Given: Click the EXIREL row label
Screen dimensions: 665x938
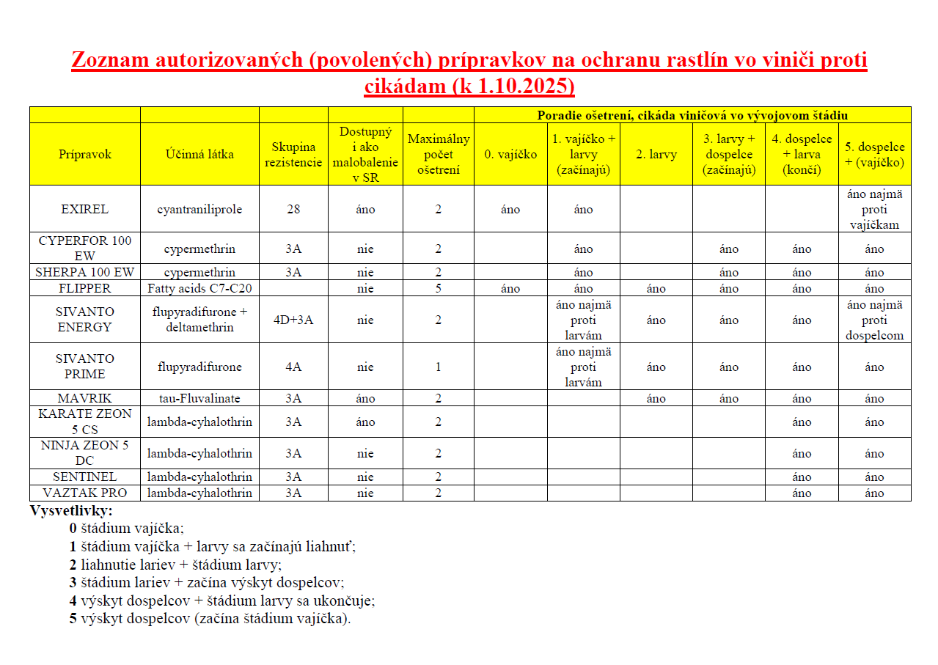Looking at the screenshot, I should pyautogui.click(x=84, y=209).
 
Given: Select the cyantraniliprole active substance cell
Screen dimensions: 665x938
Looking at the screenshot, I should pyautogui.click(x=199, y=209).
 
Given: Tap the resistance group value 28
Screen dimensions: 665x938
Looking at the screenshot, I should pyautogui.click(x=293, y=209).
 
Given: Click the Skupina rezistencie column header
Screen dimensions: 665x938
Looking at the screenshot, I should pyautogui.click(x=293, y=155).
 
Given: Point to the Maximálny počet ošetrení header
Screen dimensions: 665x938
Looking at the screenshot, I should pyautogui.click(x=439, y=155).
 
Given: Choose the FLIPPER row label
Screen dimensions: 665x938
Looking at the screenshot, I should pyautogui.click(x=84, y=288).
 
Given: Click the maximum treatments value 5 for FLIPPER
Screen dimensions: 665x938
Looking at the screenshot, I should pyautogui.click(x=439, y=288).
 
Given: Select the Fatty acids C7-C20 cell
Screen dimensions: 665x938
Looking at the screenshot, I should pyautogui.click(x=199, y=288).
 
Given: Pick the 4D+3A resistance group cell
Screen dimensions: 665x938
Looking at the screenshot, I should pyautogui.click(x=293, y=320).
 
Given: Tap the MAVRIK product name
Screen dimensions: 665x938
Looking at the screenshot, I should pyautogui.click(x=84, y=399).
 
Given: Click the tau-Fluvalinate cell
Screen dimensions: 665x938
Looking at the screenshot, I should pyautogui.click(x=199, y=399).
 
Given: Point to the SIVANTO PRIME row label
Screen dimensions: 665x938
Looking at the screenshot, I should pyautogui.click(x=84, y=367).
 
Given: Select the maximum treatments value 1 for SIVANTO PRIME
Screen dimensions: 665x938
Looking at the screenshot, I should pyautogui.click(x=439, y=367).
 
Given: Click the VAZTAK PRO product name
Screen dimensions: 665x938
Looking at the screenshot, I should pyautogui.click(x=84, y=493).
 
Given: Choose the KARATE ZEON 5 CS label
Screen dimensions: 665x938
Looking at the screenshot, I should pyautogui.click(x=84, y=422).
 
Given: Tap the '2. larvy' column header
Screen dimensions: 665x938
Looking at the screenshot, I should pyautogui.click(x=656, y=155).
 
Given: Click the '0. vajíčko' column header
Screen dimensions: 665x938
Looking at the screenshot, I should pyautogui.click(x=510, y=155).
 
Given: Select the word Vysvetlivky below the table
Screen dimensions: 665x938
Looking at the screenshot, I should pyautogui.click(x=71, y=511).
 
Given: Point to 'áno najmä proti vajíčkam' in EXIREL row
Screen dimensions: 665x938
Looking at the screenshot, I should pyautogui.click(x=874, y=209).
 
